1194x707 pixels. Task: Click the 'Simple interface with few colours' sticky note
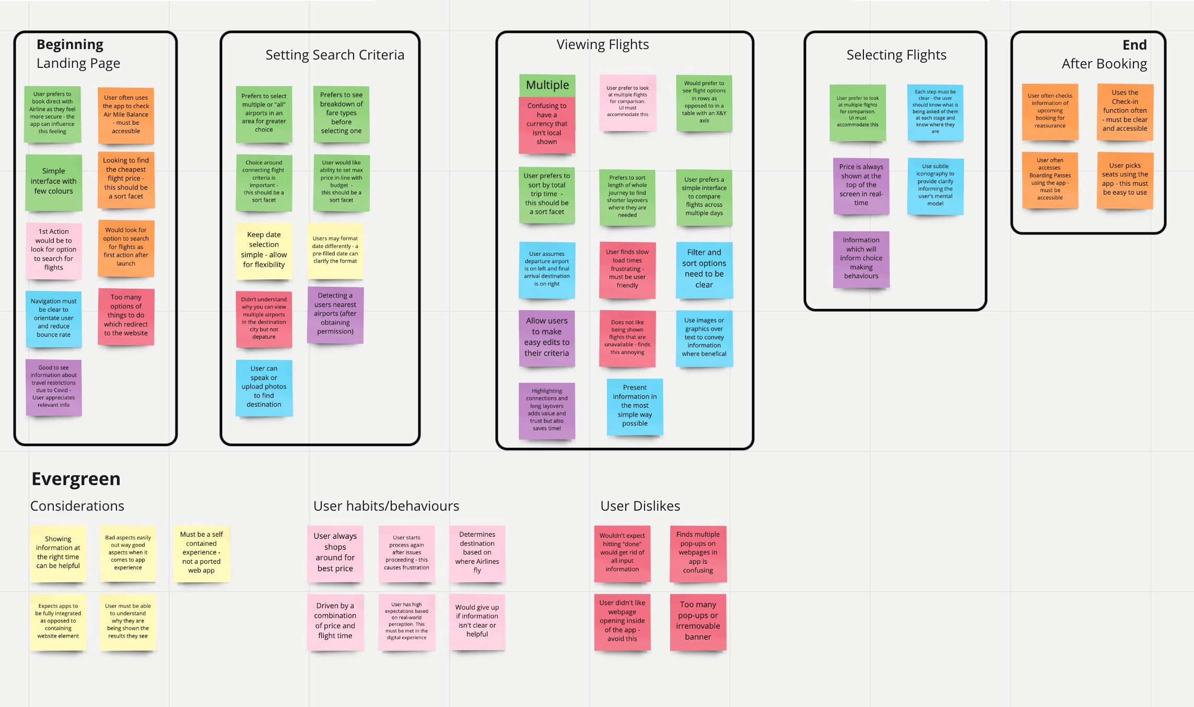pyautogui.click(x=54, y=181)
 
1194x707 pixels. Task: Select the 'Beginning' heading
pyautogui.click(x=70, y=45)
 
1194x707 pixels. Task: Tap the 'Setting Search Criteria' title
pyautogui.click(x=335, y=55)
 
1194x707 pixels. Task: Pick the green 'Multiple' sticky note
pyautogui.click(x=547, y=85)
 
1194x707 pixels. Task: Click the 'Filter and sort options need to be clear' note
pyautogui.click(x=704, y=268)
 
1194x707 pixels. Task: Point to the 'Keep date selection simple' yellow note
pyautogui.click(x=264, y=250)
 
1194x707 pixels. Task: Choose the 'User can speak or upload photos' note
pyautogui.click(x=264, y=386)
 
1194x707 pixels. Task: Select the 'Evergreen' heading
pyautogui.click(x=76, y=479)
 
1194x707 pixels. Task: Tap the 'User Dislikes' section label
pyautogui.click(x=640, y=506)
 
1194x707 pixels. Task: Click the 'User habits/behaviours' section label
pyautogui.click(x=386, y=506)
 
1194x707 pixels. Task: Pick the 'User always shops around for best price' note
pyautogui.click(x=335, y=552)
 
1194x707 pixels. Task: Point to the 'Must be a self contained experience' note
pyautogui.click(x=201, y=552)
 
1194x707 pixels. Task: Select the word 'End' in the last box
pyautogui.click(x=1134, y=45)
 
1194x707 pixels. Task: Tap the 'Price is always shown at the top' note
pyautogui.click(x=861, y=185)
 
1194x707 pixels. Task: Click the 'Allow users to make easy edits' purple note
pyautogui.click(x=546, y=337)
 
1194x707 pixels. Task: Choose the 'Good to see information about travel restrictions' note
pyautogui.click(x=54, y=386)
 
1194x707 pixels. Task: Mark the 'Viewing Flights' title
pyautogui.click(x=602, y=45)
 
